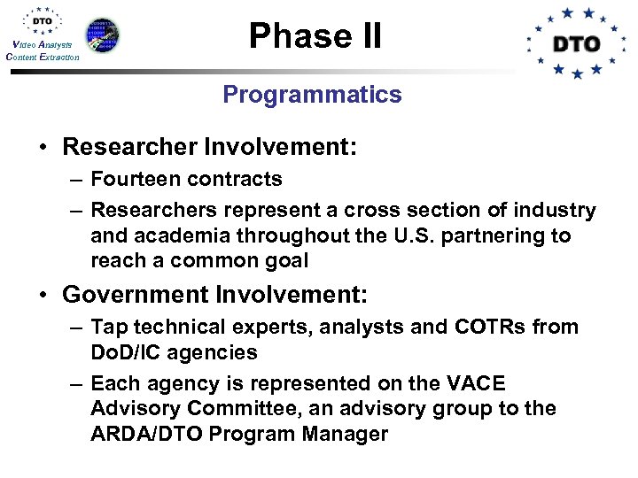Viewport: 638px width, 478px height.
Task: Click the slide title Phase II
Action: coord(315,35)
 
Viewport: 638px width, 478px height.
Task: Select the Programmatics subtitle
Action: coord(312,95)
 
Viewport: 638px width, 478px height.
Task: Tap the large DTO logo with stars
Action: coord(577,43)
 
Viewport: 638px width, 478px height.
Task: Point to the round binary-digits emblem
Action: coord(101,35)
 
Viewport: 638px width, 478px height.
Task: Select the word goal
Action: coord(285,262)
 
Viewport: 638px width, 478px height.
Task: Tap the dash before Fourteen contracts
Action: coord(75,180)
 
